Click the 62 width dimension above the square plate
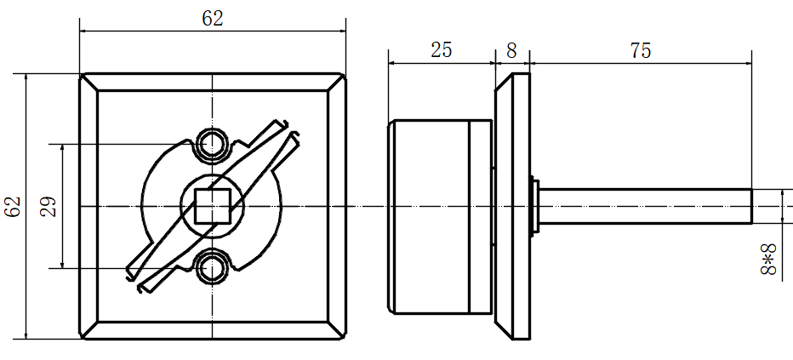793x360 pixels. [213, 20]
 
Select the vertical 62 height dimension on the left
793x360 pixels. [13, 206]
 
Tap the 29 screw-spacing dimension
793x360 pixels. [48, 206]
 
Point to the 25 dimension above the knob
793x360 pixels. [441, 50]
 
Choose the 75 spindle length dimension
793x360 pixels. [640, 50]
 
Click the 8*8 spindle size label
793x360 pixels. [768, 259]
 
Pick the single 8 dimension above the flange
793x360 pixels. [512, 50]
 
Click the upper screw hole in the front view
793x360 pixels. [212, 144]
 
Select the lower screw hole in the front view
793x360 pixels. [212, 268]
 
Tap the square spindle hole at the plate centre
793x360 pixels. [213, 206]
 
